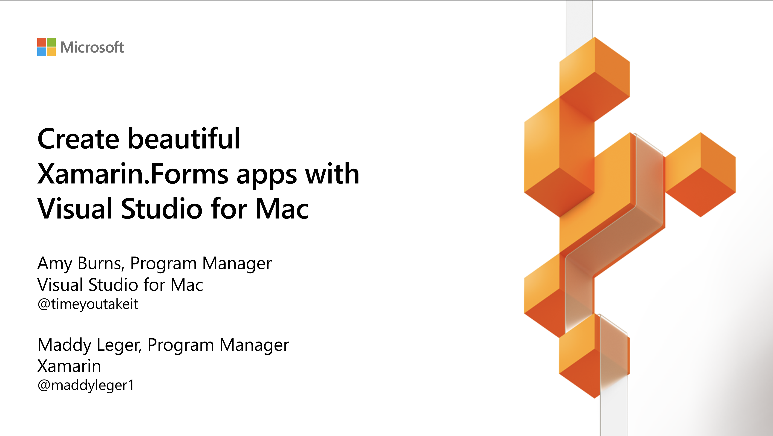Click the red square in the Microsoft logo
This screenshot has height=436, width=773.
point(41,42)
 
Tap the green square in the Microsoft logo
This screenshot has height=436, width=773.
point(51,42)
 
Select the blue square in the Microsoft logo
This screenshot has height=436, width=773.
point(41,52)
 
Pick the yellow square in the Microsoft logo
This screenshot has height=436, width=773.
point(51,52)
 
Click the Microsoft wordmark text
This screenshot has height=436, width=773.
point(92,47)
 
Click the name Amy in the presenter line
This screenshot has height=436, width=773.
point(54,264)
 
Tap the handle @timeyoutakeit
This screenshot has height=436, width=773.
point(88,304)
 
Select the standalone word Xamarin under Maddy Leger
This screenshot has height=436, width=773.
point(69,366)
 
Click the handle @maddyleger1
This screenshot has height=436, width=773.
point(86,385)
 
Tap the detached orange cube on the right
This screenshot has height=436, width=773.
point(700,174)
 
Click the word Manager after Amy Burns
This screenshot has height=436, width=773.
point(237,264)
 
